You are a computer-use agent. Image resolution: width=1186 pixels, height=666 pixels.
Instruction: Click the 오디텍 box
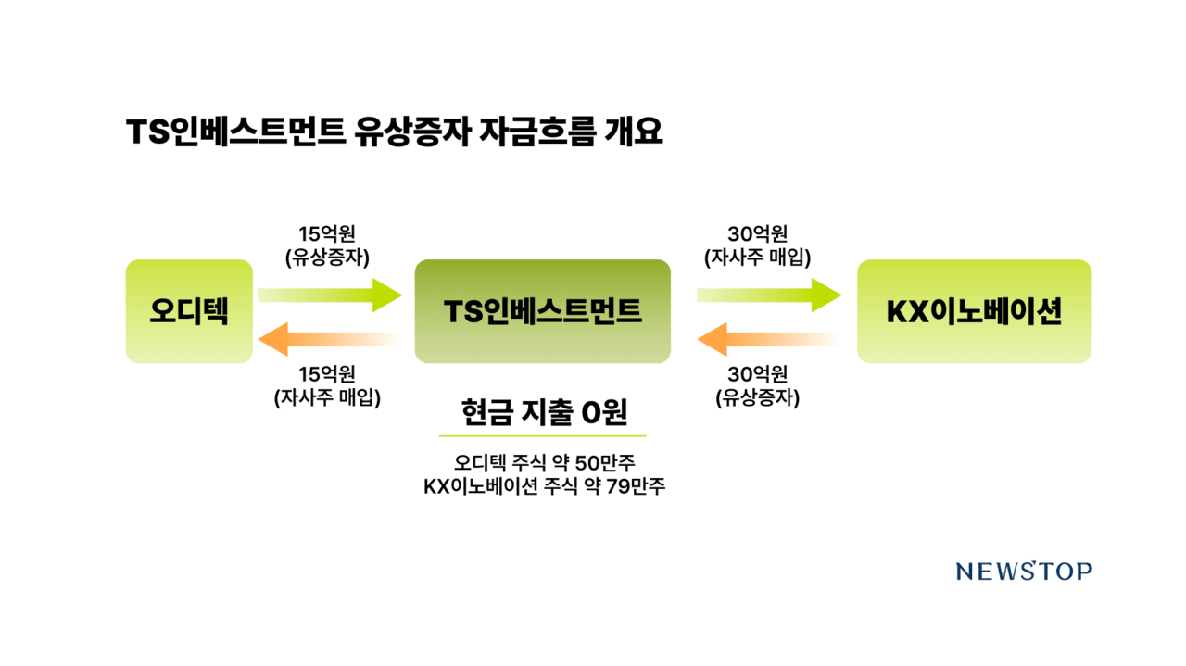coord(189,311)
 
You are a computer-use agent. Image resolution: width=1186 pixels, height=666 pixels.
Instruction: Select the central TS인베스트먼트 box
coord(542,311)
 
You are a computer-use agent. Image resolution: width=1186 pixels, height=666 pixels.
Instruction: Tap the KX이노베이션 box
coord(974,311)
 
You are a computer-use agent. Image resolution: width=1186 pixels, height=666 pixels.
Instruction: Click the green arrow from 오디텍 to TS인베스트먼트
coord(330,295)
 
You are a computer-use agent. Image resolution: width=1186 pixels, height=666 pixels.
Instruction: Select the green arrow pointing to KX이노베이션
coord(769,295)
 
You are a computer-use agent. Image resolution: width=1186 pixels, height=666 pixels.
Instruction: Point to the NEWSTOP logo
coord(1024,572)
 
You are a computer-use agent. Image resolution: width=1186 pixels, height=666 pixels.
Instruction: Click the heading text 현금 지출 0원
coord(543,412)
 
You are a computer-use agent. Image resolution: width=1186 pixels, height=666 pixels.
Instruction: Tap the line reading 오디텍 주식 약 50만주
coord(543,461)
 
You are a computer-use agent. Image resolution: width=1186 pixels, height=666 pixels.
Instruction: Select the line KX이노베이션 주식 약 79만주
coord(543,486)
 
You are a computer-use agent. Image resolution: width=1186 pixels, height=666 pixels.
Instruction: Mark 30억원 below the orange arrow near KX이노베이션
coord(757,374)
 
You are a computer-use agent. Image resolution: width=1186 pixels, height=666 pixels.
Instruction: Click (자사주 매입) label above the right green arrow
coord(757,258)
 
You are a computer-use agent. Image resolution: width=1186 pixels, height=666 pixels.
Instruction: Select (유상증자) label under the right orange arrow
coord(757,398)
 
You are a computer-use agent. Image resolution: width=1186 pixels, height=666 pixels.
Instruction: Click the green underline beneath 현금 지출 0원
coord(543,435)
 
